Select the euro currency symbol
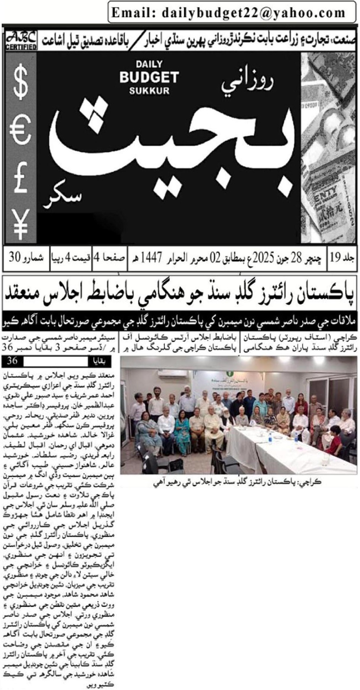pos(21,131)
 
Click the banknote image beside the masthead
pos(329,147)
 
